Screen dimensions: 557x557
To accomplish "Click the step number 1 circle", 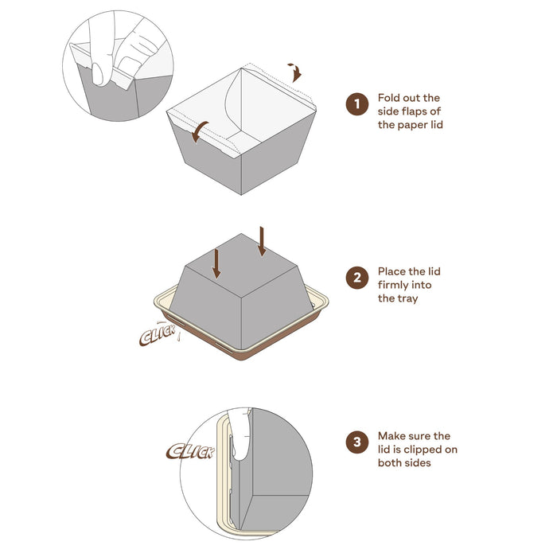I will coord(356,104).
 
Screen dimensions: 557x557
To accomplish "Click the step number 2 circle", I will coord(356,278).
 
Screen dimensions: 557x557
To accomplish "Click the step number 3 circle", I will coord(356,442).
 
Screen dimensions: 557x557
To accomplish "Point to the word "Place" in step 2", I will coord(394,271).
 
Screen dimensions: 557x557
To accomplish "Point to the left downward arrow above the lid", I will coord(216,263).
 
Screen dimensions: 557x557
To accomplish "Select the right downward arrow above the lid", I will coord(261,240).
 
